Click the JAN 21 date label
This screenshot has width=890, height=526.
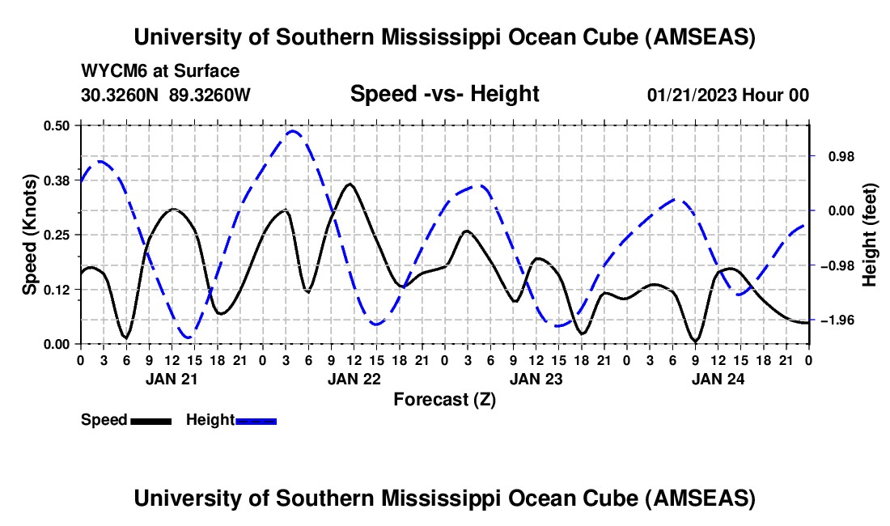tap(171, 378)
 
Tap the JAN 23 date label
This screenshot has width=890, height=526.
tap(535, 378)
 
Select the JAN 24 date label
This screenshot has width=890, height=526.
tap(717, 378)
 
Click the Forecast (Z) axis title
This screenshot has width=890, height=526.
tap(444, 399)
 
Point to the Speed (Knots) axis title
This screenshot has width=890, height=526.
tap(30, 235)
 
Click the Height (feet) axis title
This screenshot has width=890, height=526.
tap(870, 235)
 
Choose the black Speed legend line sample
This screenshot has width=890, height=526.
tap(150, 420)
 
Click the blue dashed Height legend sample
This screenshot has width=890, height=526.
tap(256, 420)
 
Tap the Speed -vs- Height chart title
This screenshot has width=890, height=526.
tap(444, 94)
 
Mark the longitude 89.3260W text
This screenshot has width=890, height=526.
tap(210, 95)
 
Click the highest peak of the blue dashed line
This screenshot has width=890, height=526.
tap(293, 130)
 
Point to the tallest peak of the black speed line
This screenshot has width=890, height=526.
tap(349, 184)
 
